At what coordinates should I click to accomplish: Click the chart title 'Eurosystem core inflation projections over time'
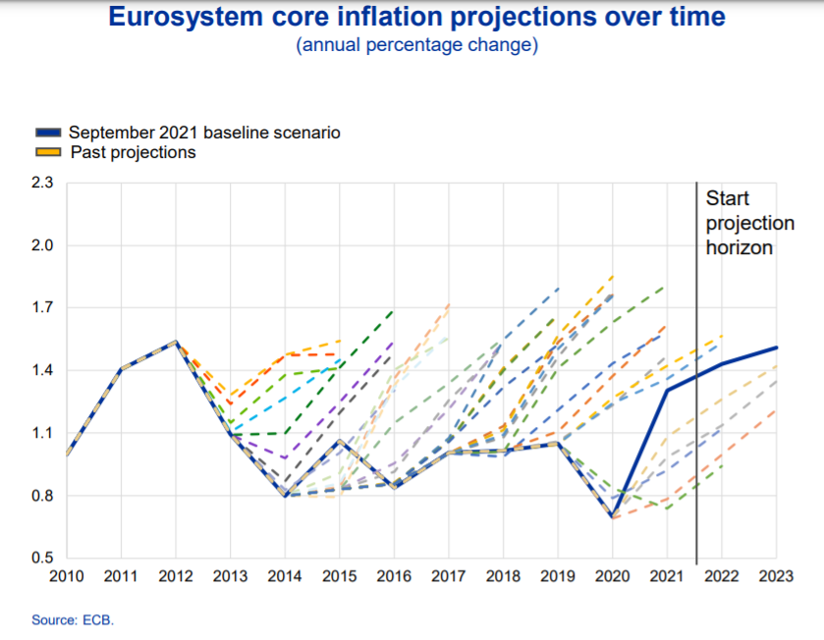coord(416,18)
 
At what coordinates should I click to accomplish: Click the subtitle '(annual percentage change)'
coord(416,45)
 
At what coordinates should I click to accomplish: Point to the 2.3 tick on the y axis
coord(41,183)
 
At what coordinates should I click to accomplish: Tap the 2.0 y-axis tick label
coord(41,245)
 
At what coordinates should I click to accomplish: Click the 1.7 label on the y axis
coord(41,308)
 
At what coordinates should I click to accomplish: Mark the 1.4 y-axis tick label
coord(41,371)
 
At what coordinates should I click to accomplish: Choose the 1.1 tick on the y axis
coord(41,434)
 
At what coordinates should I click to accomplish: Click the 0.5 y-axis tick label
coord(41,559)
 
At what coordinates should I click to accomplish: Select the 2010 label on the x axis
coord(66,576)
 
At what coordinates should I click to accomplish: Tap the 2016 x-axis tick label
coord(394,576)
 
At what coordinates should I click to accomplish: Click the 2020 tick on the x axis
coord(613,576)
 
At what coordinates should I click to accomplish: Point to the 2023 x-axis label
coord(777,576)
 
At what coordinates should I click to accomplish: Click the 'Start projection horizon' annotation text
coord(740,224)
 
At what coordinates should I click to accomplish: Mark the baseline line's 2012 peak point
coord(175,342)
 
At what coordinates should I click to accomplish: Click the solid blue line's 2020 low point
coord(613,516)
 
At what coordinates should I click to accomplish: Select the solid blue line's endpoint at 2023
coord(777,347)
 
